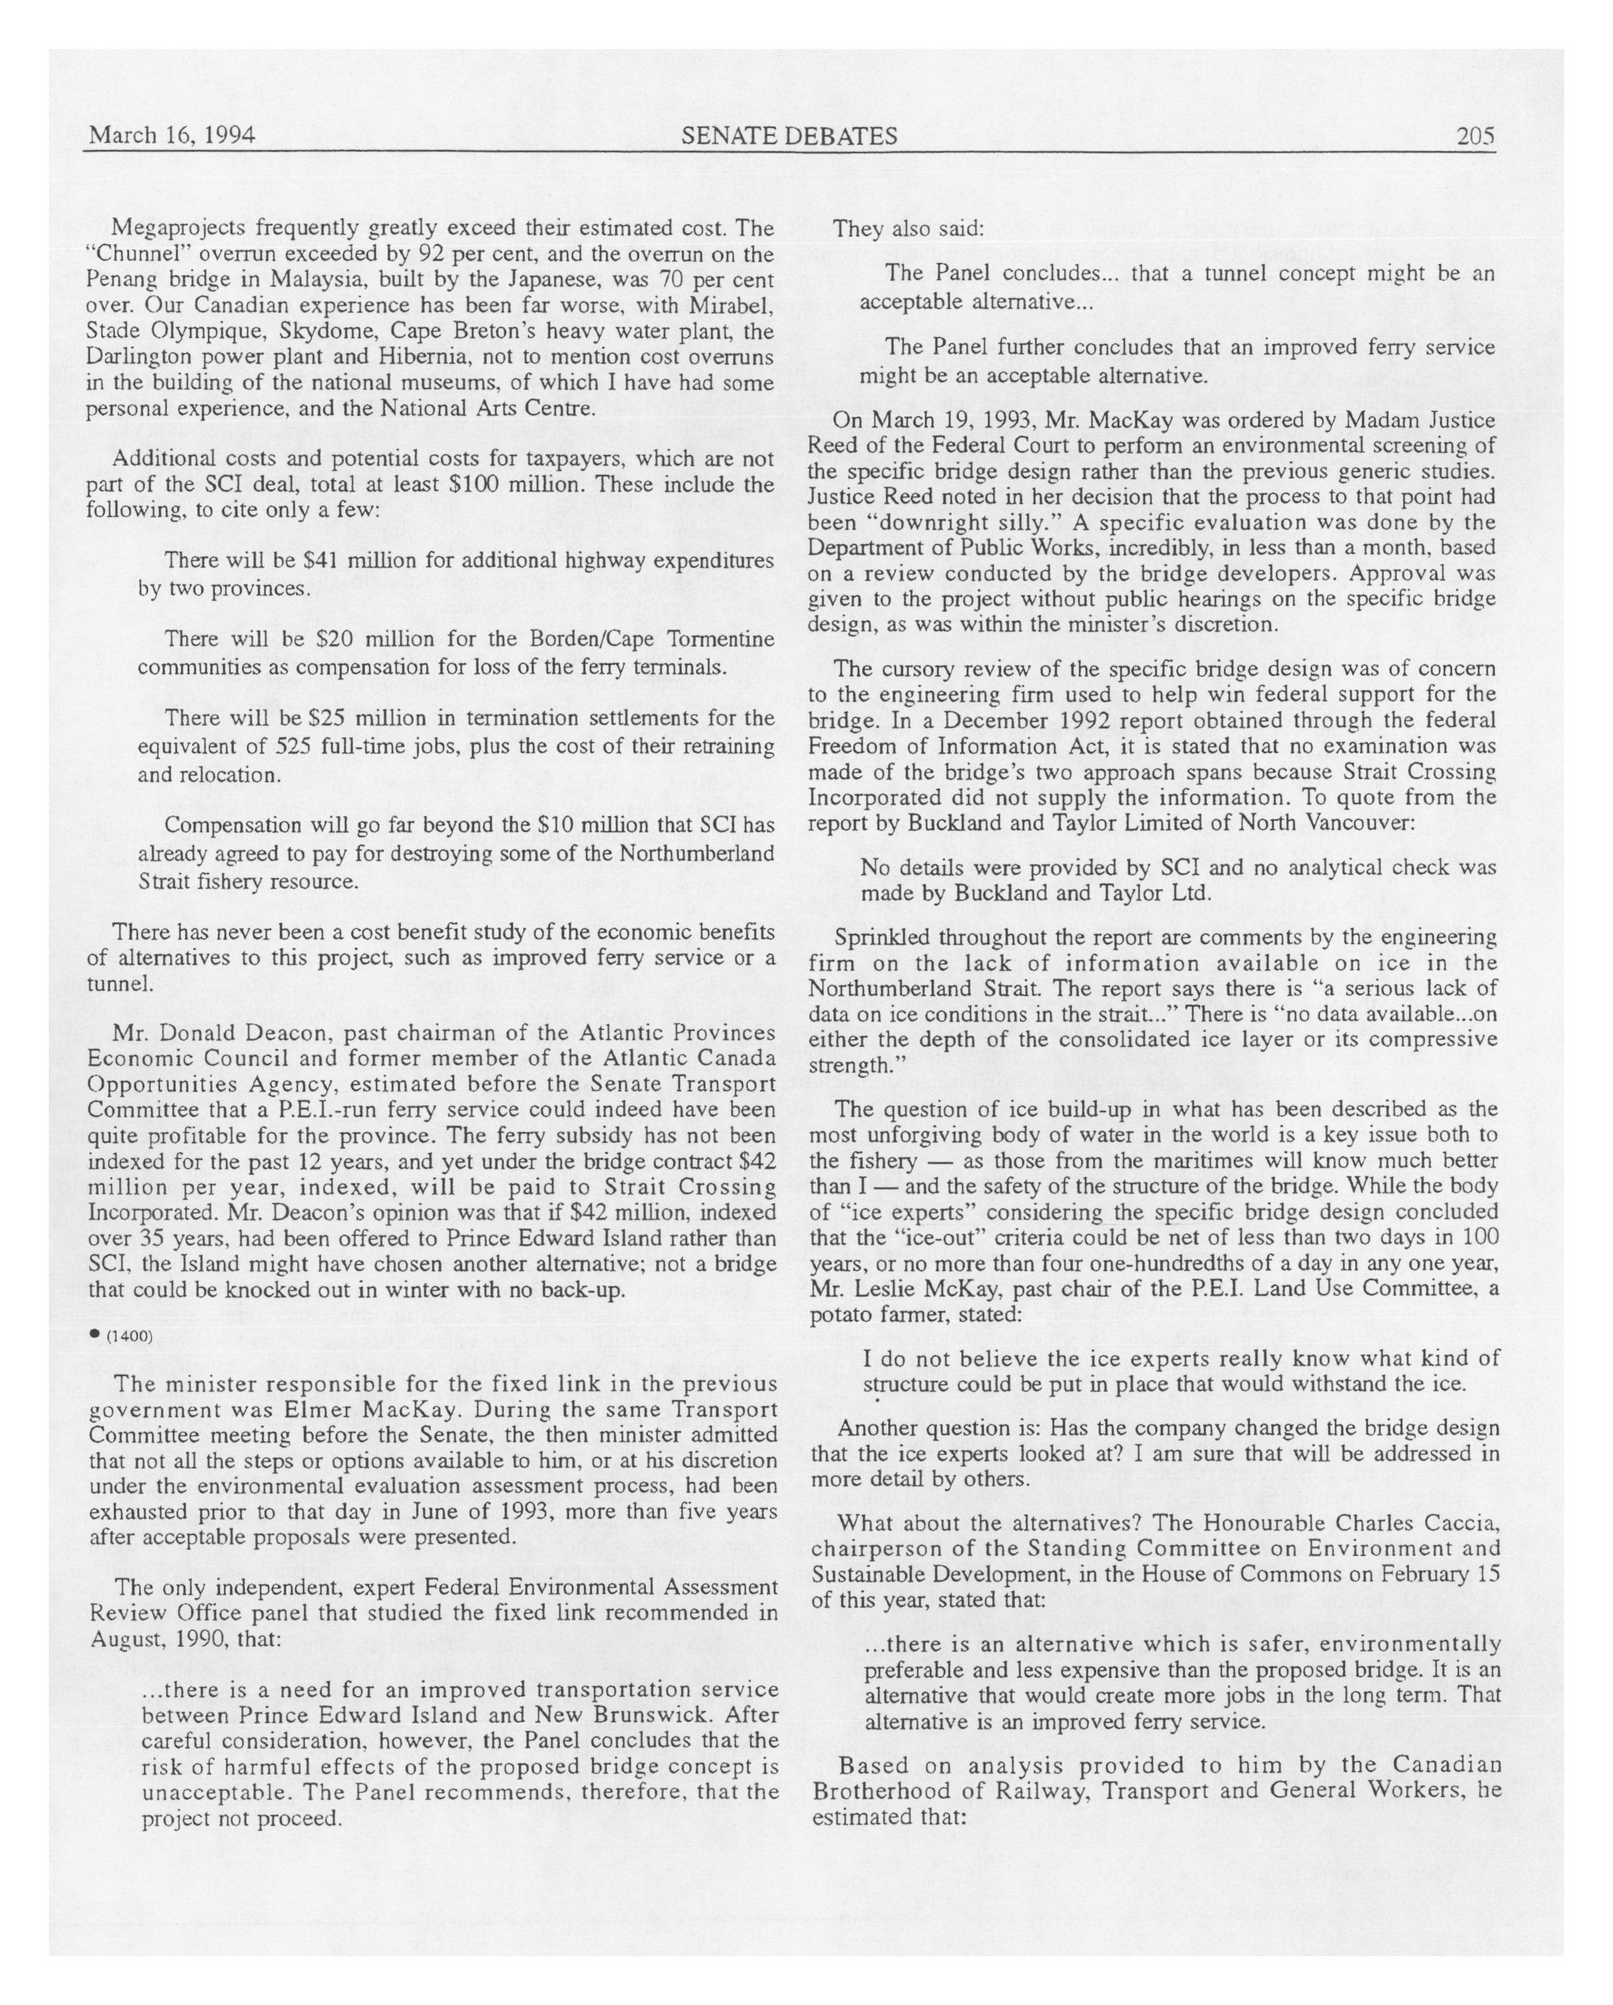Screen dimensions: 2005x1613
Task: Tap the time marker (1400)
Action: pos(129,1336)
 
